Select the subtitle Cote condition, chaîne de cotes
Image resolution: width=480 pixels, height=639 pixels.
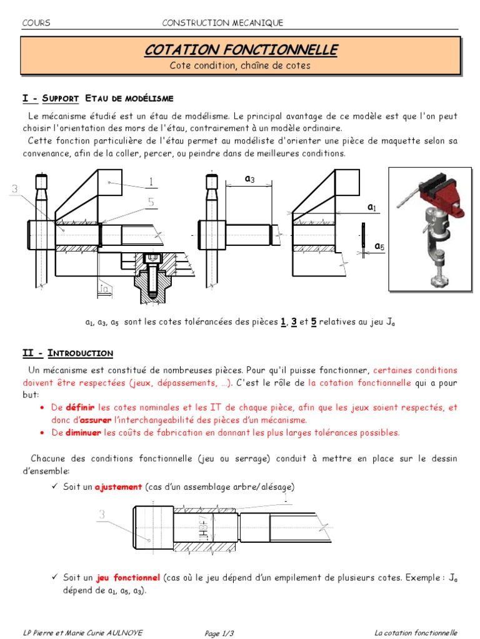(240, 66)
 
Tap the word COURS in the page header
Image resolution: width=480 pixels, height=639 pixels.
(36, 23)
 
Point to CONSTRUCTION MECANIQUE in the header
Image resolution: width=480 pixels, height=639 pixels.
(222, 23)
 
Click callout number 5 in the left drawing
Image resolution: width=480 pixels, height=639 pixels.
(151, 202)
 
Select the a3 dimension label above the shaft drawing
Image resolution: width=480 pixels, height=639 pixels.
(249, 179)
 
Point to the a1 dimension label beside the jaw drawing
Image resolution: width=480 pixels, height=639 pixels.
(372, 207)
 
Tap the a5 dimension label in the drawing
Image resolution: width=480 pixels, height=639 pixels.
(379, 247)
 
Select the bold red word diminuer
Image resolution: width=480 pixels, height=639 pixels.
(83, 432)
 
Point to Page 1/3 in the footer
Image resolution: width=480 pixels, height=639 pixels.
(220, 633)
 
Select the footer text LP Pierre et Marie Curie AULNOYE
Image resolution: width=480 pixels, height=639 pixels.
(82, 633)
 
